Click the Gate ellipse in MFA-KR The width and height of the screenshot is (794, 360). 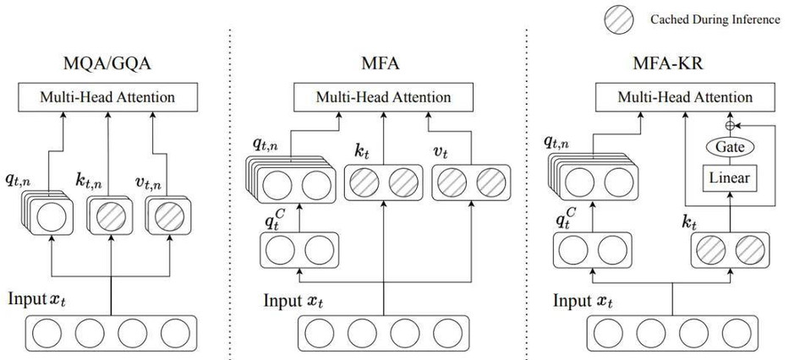[x=730, y=147]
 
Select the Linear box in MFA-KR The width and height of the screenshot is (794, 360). [x=730, y=178]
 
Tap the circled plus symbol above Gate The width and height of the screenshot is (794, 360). [x=730, y=124]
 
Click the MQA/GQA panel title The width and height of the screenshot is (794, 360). [x=107, y=63]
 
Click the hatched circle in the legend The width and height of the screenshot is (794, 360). [x=618, y=20]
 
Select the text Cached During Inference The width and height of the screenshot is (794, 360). [x=715, y=19]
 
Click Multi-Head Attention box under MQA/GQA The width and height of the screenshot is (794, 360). [x=107, y=97]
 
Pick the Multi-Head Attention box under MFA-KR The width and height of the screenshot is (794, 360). [x=685, y=97]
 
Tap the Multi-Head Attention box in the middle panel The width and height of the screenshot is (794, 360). [x=383, y=97]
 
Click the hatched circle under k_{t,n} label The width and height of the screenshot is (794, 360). [x=111, y=216]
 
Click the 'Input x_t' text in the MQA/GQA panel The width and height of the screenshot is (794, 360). [x=37, y=299]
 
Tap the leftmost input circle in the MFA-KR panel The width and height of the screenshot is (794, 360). [x=608, y=333]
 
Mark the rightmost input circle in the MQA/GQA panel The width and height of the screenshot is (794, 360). [x=175, y=333]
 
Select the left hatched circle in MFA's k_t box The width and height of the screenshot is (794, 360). [x=364, y=183]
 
